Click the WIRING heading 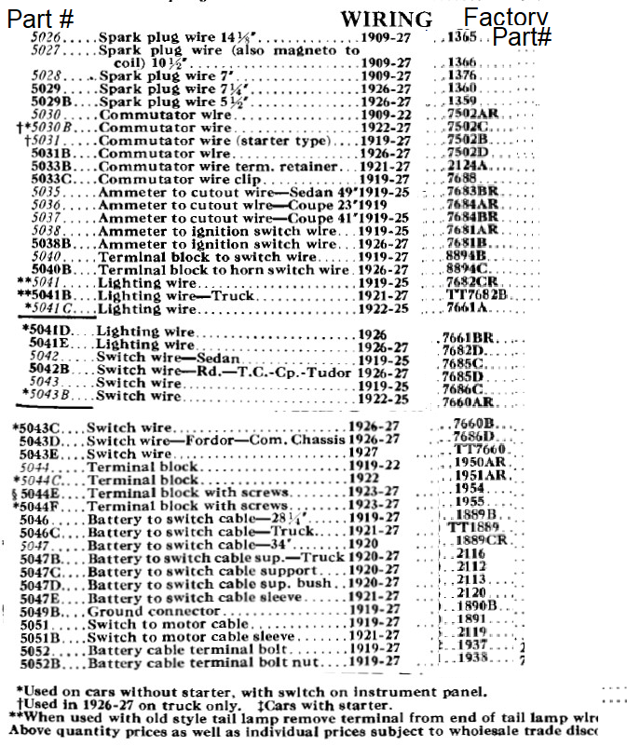tap(386, 19)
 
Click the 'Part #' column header tap(42, 18)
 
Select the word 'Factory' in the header tap(506, 17)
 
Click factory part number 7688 tap(463, 177)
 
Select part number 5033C tap(50, 179)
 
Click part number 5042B tap(47, 370)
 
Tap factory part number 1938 tap(474, 658)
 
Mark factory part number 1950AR tap(481, 462)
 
